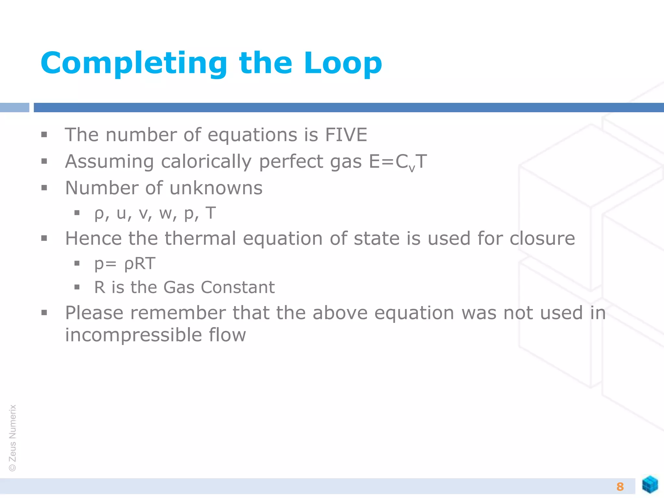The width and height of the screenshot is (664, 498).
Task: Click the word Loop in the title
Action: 343,63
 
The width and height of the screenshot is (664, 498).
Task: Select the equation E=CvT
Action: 398,162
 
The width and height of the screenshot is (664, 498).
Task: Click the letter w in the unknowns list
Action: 168,214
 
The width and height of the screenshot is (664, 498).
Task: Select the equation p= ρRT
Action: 124,263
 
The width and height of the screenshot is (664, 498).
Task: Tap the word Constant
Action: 237,287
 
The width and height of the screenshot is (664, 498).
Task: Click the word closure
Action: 542,238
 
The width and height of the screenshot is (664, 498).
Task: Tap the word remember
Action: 178,313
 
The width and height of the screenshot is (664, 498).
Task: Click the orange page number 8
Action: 620,486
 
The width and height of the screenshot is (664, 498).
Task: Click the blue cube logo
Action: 650,484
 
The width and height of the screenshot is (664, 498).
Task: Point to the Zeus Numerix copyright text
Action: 13,438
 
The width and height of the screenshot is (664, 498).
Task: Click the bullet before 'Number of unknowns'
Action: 44,188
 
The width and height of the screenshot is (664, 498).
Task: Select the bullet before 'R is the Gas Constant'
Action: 77,287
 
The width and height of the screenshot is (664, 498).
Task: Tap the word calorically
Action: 206,162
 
